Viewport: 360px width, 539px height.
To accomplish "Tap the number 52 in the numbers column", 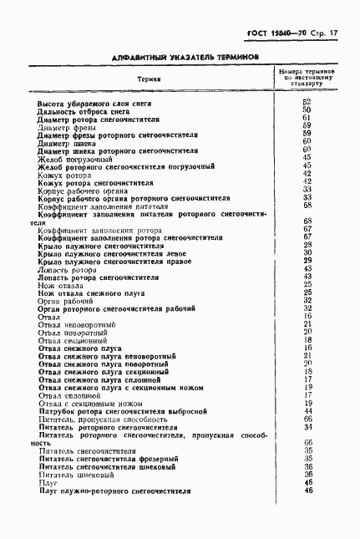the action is coord(307,102).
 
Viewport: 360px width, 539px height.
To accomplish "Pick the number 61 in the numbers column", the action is coord(307,118).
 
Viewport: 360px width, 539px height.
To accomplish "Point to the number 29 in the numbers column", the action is coord(307,261).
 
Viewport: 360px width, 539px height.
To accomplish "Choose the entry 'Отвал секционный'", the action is coord(73,340).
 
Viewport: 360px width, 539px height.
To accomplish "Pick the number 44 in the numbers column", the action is coord(307,412).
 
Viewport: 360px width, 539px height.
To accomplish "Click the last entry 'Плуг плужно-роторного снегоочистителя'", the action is coord(115,491).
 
